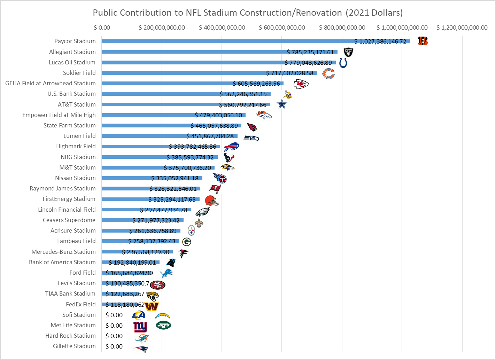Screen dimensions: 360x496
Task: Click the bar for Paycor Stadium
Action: coord(226,41)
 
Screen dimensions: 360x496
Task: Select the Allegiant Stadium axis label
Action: coord(72,52)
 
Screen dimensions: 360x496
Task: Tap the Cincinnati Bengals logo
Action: coord(423,41)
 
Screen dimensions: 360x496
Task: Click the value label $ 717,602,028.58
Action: coord(290,73)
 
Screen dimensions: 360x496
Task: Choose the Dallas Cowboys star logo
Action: coord(282,104)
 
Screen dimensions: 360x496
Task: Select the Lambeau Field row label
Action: coord(76,241)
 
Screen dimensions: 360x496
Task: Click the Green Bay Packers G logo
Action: coord(187,242)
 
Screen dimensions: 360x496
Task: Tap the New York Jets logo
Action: coord(163,326)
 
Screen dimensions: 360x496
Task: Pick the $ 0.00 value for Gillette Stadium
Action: coord(114,346)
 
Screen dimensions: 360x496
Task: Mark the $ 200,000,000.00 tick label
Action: coord(162,28)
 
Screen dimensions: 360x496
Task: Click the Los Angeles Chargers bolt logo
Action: coord(162,316)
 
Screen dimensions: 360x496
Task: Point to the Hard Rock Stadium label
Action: coord(70,336)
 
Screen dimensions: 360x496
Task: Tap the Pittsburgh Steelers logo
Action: coord(191,230)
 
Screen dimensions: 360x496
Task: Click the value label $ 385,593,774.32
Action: coord(190,157)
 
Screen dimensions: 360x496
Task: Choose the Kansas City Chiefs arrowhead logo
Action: coord(301,84)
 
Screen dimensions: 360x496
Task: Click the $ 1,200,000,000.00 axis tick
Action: coord(462,28)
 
